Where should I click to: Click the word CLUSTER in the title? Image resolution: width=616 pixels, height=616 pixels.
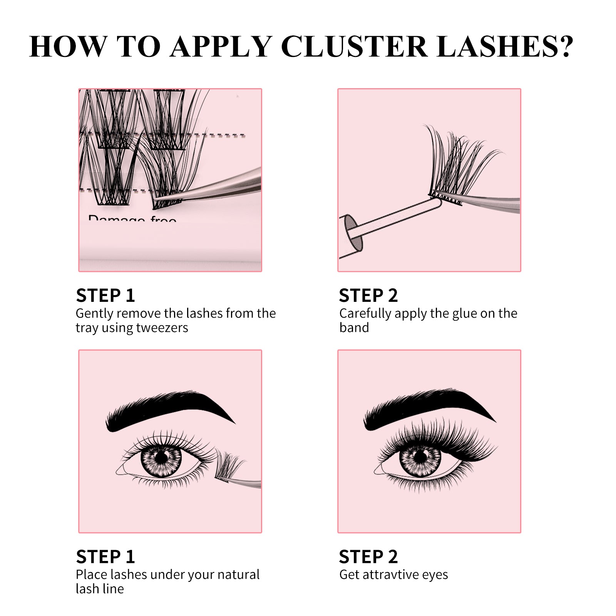click(354, 47)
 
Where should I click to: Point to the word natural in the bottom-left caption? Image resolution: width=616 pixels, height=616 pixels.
click(238, 574)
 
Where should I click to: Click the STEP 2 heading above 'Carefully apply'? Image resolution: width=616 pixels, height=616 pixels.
click(368, 296)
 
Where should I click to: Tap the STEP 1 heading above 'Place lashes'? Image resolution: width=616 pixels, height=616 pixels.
click(105, 557)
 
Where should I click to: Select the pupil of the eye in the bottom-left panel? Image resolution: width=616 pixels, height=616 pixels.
click(162, 457)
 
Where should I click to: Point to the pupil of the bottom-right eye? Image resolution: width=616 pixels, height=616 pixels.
click(420, 457)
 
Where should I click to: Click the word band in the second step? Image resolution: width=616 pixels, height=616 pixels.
click(354, 328)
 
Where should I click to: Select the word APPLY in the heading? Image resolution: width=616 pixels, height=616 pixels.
click(221, 47)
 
